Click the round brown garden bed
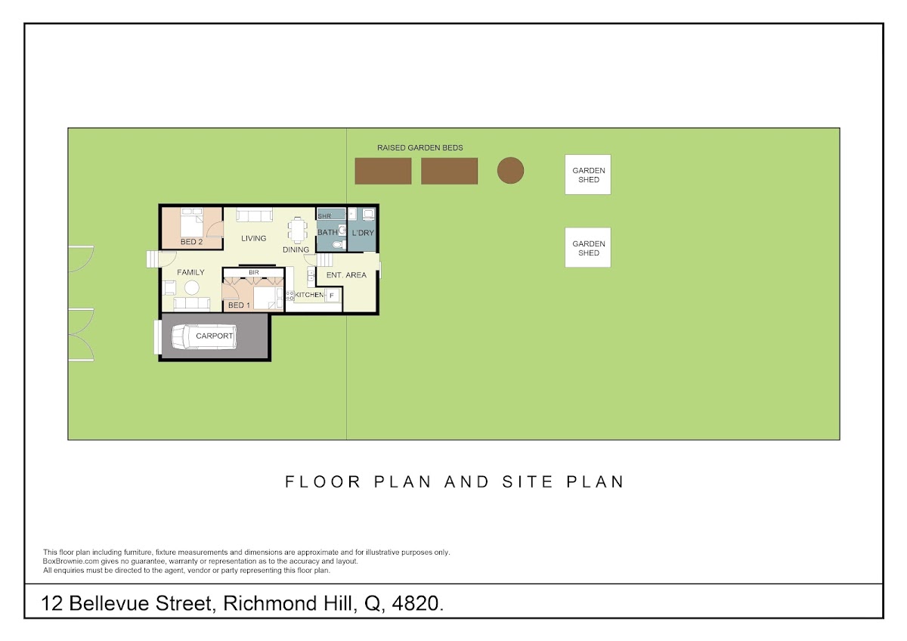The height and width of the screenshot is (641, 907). pyautogui.click(x=510, y=171)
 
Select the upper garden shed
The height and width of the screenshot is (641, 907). pyautogui.click(x=588, y=175)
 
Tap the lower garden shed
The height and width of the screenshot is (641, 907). pyautogui.click(x=588, y=247)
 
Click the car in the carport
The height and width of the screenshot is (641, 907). pyautogui.click(x=204, y=336)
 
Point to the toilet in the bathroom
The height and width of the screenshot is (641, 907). pyautogui.click(x=339, y=244)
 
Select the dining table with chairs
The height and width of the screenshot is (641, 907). pyautogui.click(x=298, y=231)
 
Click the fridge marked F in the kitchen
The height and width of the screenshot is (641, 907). pyautogui.click(x=332, y=296)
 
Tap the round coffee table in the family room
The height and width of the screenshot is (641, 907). pyautogui.click(x=191, y=288)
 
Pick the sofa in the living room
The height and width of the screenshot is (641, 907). pyautogui.click(x=254, y=215)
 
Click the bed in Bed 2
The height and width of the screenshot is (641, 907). pyautogui.click(x=191, y=222)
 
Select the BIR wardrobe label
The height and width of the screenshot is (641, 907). pyautogui.click(x=253, y=273)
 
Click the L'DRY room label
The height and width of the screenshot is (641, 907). pyautogui.click(x=363, y=233)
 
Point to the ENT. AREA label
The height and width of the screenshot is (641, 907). pyautogui.click(x=346, y=275)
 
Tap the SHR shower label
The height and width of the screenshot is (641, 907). pyautogui.click(x=324, y=216)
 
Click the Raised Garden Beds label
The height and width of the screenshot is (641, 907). pyautogui.click(x=420, y=148)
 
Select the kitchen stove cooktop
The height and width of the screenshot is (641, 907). pyautogui.click(x=290, y=296)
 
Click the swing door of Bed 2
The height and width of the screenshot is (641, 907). pyautogui.click(x=215, y=230)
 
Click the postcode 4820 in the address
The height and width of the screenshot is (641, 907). pyautogui.click(x=417, y=604)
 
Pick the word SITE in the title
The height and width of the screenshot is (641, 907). pyautogui.click(x=528, y=482)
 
